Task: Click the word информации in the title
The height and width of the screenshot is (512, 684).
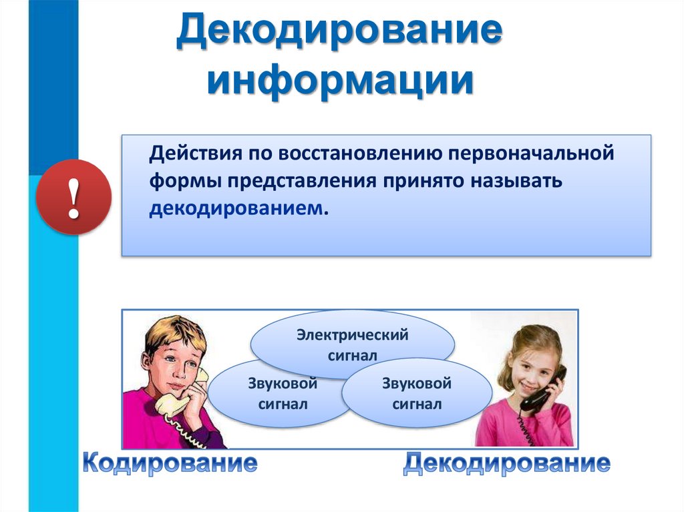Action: tap(339, 81)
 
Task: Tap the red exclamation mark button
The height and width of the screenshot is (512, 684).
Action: tap(73, 197)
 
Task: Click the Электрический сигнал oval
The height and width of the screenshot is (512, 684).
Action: tap(352, 344)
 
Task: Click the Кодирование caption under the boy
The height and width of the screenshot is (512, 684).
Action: tap(170, 463)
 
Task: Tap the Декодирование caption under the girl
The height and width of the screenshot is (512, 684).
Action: tap(506, 463)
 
